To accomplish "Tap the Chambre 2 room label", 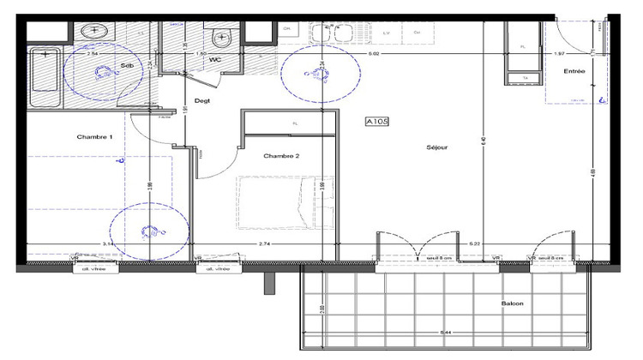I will tap(281, 156).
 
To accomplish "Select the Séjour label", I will tap(437, 147).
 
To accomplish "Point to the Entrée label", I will tap(574, 72).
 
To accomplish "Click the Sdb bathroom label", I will tap(127, 65).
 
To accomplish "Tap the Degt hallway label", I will tap(202, 101).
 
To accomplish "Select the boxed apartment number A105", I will tap(377, 122).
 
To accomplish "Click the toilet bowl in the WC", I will tap(222, 39).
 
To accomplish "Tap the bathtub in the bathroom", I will tap(43, 79).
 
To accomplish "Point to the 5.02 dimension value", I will tap(374, 54).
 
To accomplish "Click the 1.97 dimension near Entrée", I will tap(559, 54).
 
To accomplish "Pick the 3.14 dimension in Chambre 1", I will tap(108, 245).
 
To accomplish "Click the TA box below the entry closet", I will tap(524, 78).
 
